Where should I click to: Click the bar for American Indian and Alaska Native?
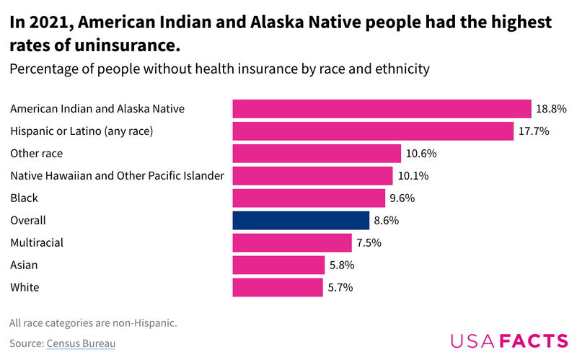pyautogui.click(x=382, y=108)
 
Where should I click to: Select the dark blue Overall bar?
pyautogui.click(x=301, y=220)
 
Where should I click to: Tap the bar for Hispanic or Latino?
pyautogui.click(x=373, y=131)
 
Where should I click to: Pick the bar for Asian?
pyautogui.click(x=278, y=265)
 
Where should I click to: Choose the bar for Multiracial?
pyautogui.click(x=292, y=242)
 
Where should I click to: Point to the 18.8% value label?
pyautogui.click(x=551, y=108)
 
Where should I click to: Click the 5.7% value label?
pyautogui.click(x=341, y=287)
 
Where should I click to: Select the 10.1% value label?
pyautogui.click(x=412, y=175)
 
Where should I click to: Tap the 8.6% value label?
pyautogui.click(x=386, y=220)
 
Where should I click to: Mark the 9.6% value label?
pyautogui.click(x=403, y=198)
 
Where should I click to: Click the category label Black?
pyautogui.click(x=24, y=198)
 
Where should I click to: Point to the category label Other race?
pyautogui.click(x=36, y=153)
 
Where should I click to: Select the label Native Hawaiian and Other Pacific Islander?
pyautogui.click(x=117, y=175)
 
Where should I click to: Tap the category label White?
pyautogui.click(x=25, y=287)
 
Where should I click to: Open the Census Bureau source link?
pyautogui.click(x=81, y=343)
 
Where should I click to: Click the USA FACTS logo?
pyautogui.click(x=508, y=341)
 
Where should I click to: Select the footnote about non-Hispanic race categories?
pyautogui.click(x=93, y=322)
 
